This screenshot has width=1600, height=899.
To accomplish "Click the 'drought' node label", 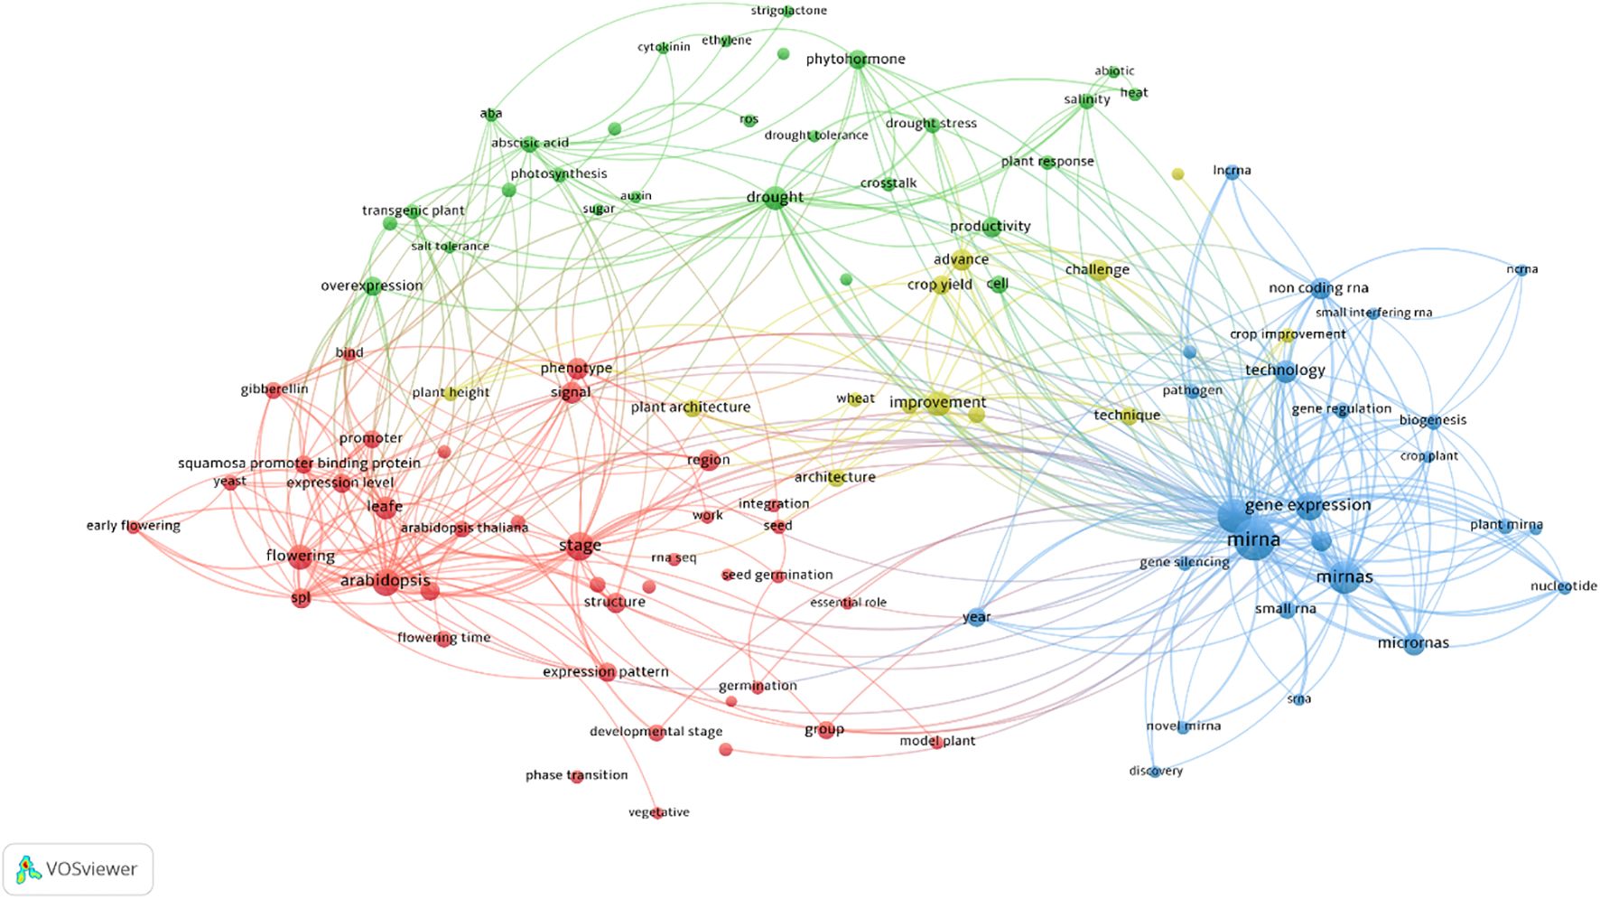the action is (x=775, y=197).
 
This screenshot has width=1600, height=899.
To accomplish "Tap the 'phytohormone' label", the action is (x=855, y=60).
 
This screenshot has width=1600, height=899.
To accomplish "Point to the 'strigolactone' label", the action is (x=788, y=11).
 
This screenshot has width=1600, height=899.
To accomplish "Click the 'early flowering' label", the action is (x=133, y=526).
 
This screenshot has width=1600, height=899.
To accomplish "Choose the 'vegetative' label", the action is (x=658, y=812).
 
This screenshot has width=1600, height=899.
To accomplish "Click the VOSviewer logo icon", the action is (x=29, y=869).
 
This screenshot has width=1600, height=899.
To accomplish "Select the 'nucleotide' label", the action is (x=1563, y=586).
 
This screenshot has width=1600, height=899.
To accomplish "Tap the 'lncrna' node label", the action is (x=1232, y=170).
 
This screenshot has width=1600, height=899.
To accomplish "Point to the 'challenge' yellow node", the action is (x=1098, y=270).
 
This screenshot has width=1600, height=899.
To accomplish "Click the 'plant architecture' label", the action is (x=690, y=407).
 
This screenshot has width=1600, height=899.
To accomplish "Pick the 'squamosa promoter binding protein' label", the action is (x=299, y=464).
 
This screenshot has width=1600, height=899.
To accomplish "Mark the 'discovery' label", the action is (x=1155, y=771).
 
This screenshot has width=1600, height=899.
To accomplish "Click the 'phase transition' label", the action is (x=576, y=775).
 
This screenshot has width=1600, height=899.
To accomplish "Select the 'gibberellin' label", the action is (x=274, y=389).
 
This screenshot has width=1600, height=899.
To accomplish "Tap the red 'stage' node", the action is (x=580, y=547).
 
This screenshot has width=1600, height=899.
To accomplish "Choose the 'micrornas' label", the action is (x=1413, y=643).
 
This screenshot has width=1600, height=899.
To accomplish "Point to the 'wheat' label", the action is (x=855, y=398).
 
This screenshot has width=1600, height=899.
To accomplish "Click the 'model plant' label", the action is (x=936, y=741).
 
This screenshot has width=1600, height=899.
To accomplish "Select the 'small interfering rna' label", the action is (x=1373, y=313).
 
